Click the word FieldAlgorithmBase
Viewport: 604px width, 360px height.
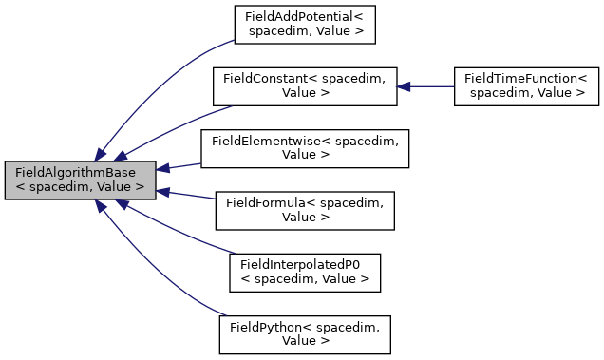(x=75, y=173)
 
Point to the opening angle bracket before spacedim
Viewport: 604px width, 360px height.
(x=19, y=187)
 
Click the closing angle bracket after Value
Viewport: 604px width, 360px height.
(x=140, y=187)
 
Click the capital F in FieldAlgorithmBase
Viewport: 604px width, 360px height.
(x=18, y=173)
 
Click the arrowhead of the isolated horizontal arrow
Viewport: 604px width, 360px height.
(x=404, y=86)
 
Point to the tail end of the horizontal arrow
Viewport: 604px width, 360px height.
(x=453, y=86)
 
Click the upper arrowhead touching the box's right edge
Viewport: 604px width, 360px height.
(x=163, y=168)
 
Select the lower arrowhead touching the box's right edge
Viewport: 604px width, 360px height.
(x=163, y=192)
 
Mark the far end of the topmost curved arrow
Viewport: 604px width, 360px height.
(x=233, y=40)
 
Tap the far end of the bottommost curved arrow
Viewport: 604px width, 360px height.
(x=227, y=315)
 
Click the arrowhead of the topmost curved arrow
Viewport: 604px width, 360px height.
(x=100, y=155)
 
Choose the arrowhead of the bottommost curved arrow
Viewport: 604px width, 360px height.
(x=100, y=205)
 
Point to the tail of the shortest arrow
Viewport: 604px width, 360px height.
(x=199, y=163)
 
